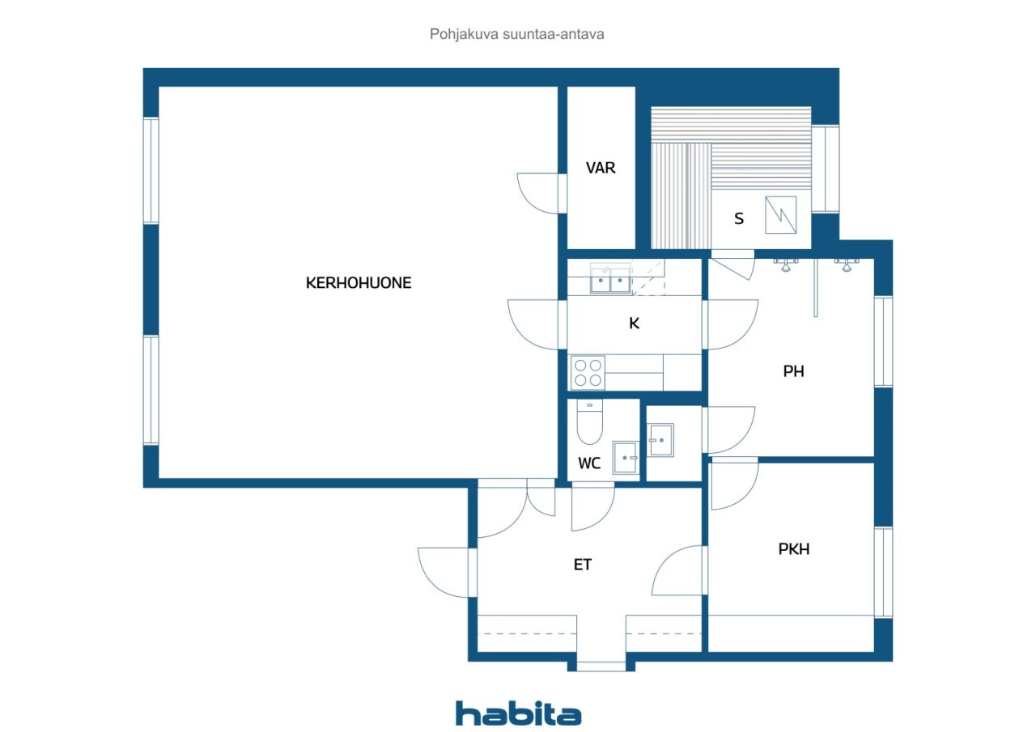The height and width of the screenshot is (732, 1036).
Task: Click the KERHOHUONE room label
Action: click(x=358, y=283)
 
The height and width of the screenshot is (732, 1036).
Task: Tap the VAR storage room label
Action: click(x=601, y=168)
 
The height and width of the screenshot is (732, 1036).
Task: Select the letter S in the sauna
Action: click(x=738, y=218)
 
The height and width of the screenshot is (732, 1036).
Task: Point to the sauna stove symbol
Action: click(x=780, y=214)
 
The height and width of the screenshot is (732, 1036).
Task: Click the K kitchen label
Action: click(x=635, y=324)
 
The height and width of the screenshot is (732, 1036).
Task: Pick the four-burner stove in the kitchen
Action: click(x=588, y=372)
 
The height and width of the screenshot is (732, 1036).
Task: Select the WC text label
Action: click(x=589, y=464)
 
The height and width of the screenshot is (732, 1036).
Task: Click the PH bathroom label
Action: click(x=793, y=372)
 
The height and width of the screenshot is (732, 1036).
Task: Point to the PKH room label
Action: click(x=793, y=549)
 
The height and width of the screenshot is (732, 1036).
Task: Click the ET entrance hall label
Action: click(x=583, y=565)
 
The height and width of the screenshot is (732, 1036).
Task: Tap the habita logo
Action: click(x=518, y=713)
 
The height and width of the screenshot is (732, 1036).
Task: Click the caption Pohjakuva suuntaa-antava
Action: click(x=517, y=35)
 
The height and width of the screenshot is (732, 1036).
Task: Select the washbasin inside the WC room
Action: click(x=626, y=458)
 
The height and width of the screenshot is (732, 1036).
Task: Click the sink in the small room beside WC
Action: click(x=661, y=440)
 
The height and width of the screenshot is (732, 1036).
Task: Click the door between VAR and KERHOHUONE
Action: click(x=540, y=194)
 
